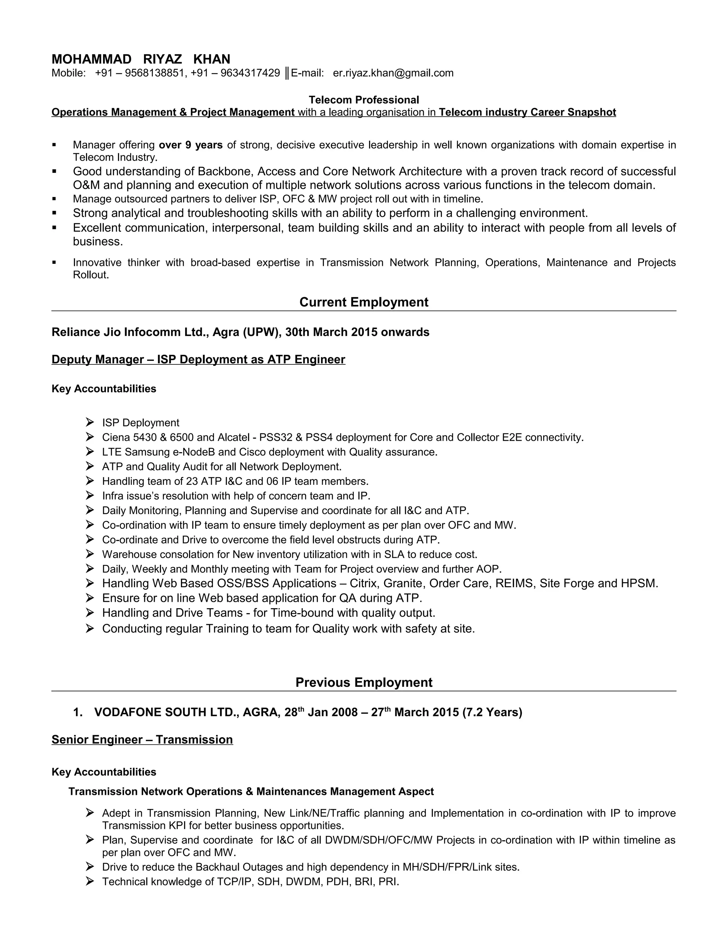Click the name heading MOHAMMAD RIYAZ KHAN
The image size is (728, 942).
(141, 59)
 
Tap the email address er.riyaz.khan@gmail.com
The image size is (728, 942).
(393, 73)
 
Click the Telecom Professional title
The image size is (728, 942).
(364, 100)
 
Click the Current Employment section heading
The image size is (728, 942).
(364, 302)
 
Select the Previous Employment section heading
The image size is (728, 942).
(364, 683)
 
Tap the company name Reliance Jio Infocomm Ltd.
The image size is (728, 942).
(130, 332)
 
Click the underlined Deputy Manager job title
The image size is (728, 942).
(198, 359)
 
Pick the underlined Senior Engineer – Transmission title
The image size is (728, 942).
(142, 740)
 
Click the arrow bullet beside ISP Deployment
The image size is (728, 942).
(90, 422)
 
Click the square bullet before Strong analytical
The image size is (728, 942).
(54, 213)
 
